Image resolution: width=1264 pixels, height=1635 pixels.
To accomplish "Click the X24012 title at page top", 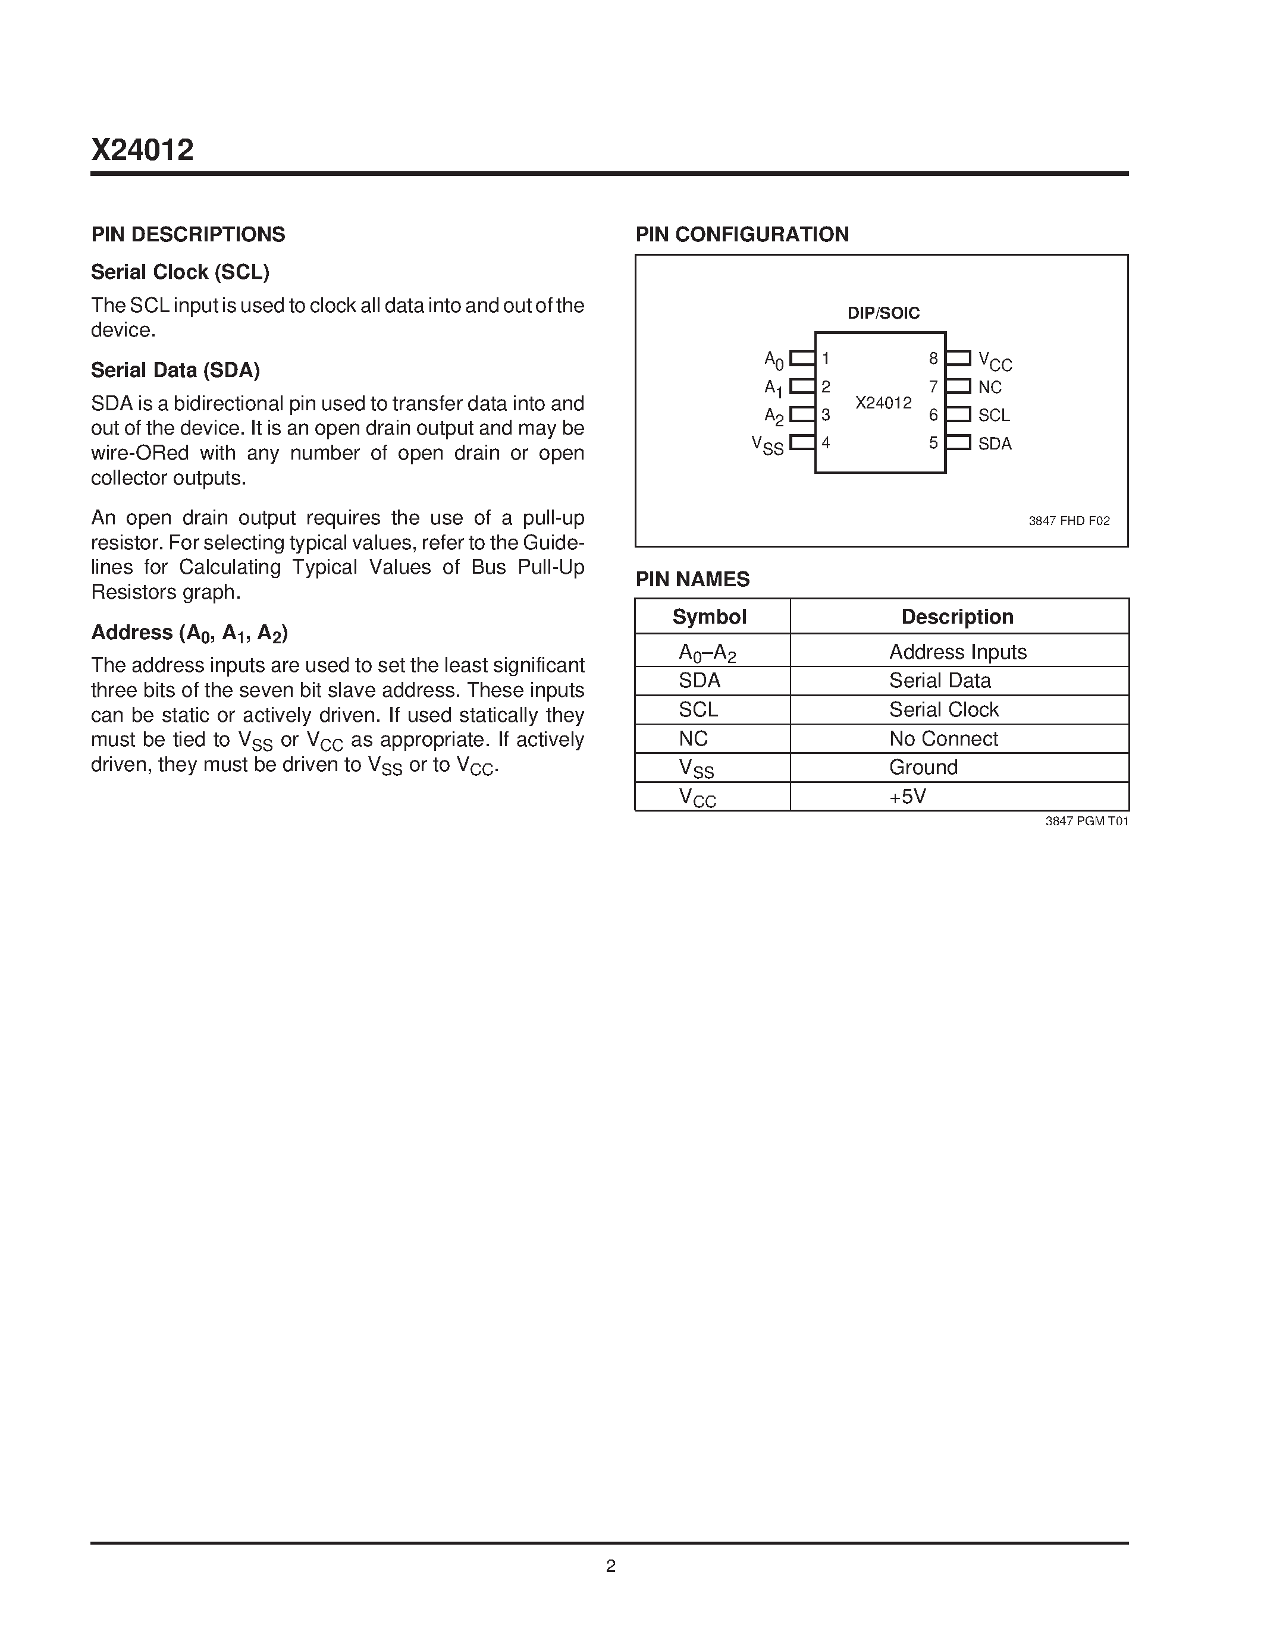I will pyautogui.click(x=142, y=150).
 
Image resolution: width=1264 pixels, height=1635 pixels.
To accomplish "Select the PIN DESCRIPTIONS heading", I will pyautogui.click(x=188, y=234).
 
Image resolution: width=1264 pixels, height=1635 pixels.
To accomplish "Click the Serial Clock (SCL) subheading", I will pyautogui.click(x=180, y=272).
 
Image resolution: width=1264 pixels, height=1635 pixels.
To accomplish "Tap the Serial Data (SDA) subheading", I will pyautogui.click(x=175, y=370).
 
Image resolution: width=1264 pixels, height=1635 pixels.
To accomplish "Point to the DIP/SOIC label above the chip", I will pyautogui.click(x=883, y=313).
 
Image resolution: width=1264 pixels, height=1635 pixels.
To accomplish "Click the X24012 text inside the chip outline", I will pyautogui.click(x=883, y=403).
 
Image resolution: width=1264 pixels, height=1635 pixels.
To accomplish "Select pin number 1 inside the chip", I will pyautogui.click(x=826, y=359).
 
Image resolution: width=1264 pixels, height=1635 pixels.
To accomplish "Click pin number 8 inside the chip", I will pyautogui.click(x=933, y=359).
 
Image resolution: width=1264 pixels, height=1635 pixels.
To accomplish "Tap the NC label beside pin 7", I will pyautogui.click(x=989, y=387).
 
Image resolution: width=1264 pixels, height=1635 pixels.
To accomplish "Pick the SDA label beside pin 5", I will pyautogui.click(x=995, y=443).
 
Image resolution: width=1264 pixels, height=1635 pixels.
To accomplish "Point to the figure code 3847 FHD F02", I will pyautogui.click(x=1068, y=520).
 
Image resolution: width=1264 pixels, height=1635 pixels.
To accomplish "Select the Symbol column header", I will pyautogui.click(x=709, y=617).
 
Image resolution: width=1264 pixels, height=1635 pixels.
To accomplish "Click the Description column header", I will pyautogui.click(x=957, y=617).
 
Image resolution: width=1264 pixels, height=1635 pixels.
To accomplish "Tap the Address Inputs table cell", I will pyautogui.click(x=957, y=652).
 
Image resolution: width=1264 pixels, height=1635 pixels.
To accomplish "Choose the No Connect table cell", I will pyautogui.click(x=943, y=739).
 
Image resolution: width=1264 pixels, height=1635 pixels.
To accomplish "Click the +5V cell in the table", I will pyautogui.click(x=908, y=797).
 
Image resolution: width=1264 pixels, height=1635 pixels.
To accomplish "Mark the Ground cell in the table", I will pyautogui.click(x=923, y=768).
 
